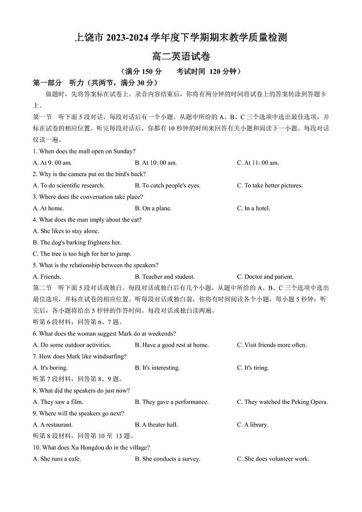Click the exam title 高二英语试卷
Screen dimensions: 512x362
coord(181,57)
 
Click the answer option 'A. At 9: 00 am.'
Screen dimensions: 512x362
coord(52,163)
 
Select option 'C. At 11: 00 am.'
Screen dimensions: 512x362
coord(258,163)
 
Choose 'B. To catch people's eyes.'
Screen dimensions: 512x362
coord(167,186)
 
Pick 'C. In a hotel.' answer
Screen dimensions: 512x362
coord(253,209)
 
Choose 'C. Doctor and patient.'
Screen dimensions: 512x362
coord(265,277)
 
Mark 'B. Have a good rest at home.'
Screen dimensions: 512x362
coord(171,345)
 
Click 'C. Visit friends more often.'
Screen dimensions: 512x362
coord(272,345)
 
